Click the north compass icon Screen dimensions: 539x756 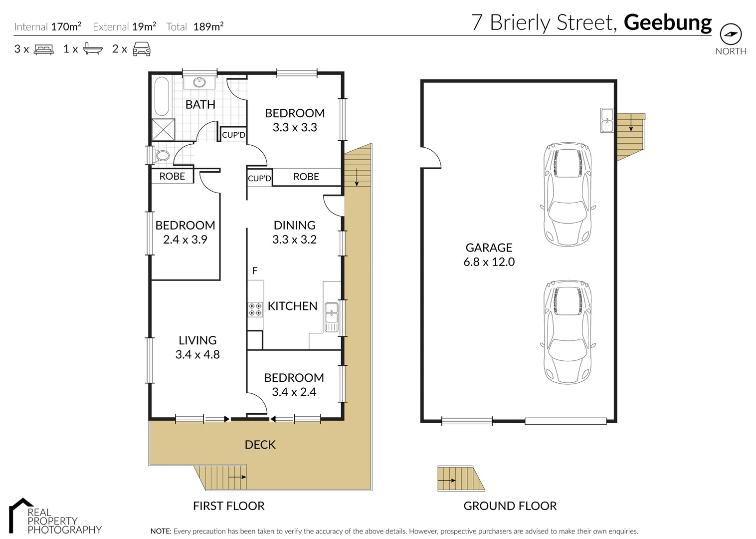coord(731,34)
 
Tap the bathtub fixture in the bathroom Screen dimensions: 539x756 coord(162,96)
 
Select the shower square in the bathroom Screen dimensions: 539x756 coord(163,129)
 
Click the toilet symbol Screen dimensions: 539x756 coord(161,155)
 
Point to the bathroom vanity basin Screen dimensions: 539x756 coord(199,82)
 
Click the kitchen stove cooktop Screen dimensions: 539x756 coord(255,309)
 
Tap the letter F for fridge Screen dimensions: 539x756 coord(255,271)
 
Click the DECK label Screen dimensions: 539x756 coord(260,445)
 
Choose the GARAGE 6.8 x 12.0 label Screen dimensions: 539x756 coord(489,255)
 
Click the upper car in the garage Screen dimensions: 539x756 coord(567,194)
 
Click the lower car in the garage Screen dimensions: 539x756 coord(567,332)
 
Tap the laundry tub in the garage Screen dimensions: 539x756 coord(607,120)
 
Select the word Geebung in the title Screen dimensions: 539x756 coord(667,23)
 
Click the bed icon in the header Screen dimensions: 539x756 coord(44,49)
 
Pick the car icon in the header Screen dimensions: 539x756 coord(142,49)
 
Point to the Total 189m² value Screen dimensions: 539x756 coord(208,27)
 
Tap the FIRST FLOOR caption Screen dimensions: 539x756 coord(228,506)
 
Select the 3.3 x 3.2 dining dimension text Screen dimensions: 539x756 coord(294,240)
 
